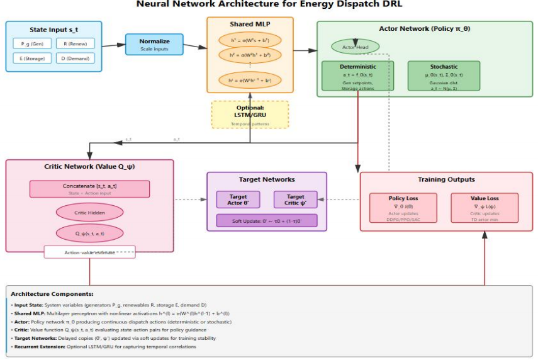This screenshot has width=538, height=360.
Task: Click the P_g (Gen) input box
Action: tap(31, 43)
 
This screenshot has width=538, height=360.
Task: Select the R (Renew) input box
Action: tap(74, 43)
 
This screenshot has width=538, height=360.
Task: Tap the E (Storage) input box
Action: tap(31, 59)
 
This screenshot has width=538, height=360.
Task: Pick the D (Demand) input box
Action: tap(74, 59)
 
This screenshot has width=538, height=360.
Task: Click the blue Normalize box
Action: tap(154, 45)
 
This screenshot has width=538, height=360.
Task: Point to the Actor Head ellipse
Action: tap(356, 47)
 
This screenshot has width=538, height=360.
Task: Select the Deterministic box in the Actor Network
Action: tap(359, 76)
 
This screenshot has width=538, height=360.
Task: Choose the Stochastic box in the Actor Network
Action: tap(444, 76)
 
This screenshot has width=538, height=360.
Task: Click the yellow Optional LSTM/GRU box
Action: tap(250, 115)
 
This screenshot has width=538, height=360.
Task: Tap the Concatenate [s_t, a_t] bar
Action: tap(89, 189)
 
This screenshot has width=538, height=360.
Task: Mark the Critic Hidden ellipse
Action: tap(89, 212)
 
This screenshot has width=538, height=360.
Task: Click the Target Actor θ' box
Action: tap(237, 200)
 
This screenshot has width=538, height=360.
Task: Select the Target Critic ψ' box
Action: tap(295, 200)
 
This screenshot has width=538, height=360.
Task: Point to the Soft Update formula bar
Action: tap(266, 220)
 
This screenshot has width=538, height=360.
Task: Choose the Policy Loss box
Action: tap(403, 208)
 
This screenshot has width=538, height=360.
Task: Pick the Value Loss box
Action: tap(485, 208)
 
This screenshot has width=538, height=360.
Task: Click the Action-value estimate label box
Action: tap(89, 252)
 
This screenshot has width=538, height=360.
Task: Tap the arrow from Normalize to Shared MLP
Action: tap(195, 46)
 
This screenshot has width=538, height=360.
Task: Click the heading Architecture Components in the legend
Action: tap(52, 294)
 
